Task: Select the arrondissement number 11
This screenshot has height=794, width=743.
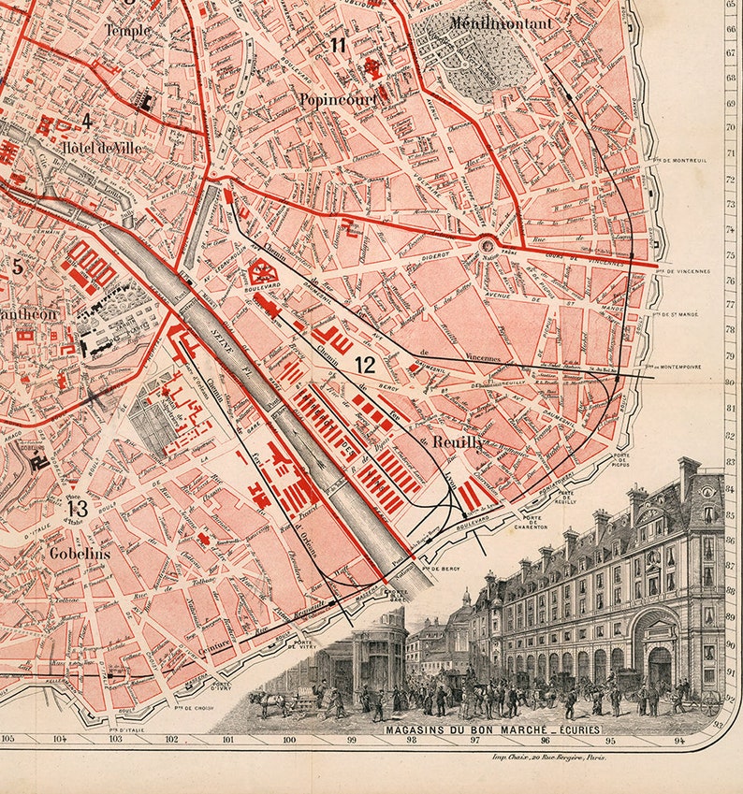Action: [338, 45]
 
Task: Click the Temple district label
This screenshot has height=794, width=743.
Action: [127, 30]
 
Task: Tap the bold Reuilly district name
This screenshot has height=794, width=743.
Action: [452, 442]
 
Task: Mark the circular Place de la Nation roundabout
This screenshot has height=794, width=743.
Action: [488, 246]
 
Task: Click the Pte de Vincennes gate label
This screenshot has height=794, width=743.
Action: [683, 271]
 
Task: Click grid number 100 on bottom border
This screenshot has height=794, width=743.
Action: [289, 740]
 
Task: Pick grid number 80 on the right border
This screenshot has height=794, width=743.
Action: [729, 382]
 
